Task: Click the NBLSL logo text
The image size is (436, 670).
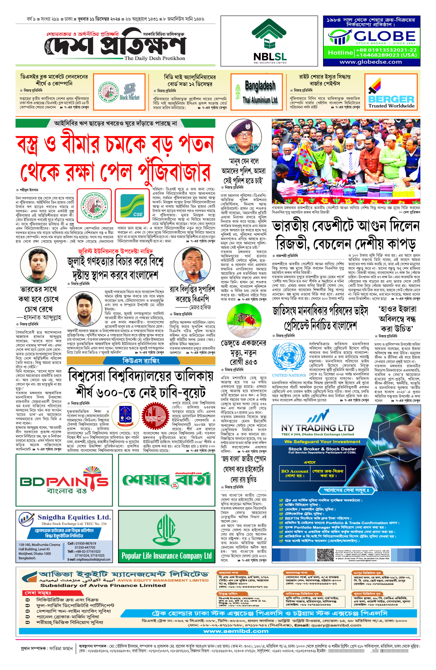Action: click(270, 56)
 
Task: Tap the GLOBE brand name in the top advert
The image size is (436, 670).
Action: click(384, 36)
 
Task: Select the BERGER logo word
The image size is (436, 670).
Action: click(391, 99)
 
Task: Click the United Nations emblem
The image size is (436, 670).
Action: click(288, 357)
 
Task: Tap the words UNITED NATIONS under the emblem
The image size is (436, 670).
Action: click(289, 376)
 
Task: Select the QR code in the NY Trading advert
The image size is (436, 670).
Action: click(325, 554)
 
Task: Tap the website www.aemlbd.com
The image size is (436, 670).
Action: click(236, 631)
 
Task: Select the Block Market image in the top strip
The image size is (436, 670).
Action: click(130, 92)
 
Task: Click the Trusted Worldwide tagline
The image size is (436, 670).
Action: click(391, 106)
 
